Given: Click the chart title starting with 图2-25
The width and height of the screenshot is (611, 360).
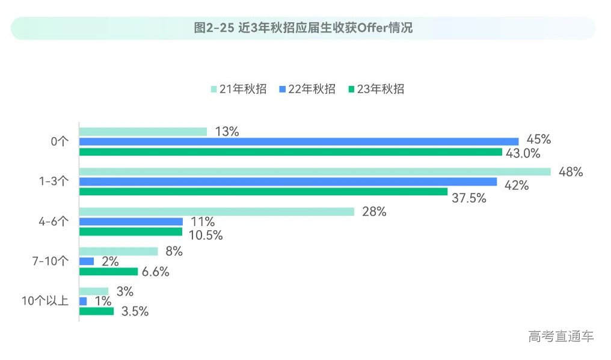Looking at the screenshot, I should click(x=304, y=28).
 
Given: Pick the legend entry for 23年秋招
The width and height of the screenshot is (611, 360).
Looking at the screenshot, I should click(x=376, y=89).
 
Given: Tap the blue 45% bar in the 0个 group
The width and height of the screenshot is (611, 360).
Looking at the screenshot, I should click(x=298, y=142).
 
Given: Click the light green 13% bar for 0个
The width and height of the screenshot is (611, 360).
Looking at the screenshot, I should click(x=143, y=132).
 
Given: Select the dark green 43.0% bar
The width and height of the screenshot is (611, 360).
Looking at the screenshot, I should click(x=290, y=152).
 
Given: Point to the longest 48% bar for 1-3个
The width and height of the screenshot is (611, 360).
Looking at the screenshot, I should click(x=315, y=172).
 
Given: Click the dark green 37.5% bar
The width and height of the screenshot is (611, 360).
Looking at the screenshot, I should click(x=263, y=192).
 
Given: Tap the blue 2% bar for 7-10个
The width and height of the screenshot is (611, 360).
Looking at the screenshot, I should click(x=87, y=261).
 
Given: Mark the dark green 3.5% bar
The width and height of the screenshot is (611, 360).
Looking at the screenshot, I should click(x=96, y=311).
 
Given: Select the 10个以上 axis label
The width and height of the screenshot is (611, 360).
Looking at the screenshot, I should click(x=45, y=301).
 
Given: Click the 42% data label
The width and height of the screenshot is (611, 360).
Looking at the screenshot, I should click(x=516, y=186).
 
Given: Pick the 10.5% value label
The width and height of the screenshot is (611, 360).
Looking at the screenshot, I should click(x=206, y=236).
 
